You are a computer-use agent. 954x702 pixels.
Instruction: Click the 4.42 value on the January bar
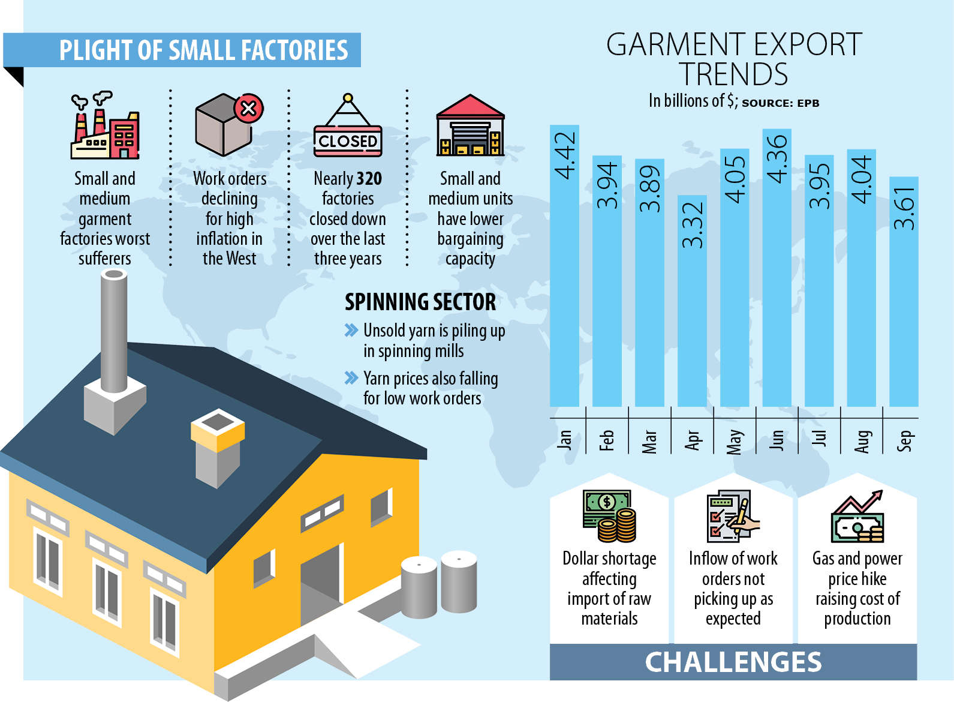[565, 155]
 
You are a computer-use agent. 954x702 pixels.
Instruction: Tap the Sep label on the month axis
[904, 440]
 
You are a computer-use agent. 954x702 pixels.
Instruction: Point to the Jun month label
[777, 440]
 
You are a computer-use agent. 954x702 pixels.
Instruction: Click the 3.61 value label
[904, 208]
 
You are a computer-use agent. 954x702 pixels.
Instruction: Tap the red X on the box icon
[248, 109]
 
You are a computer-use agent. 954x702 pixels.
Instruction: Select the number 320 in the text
[369, 179]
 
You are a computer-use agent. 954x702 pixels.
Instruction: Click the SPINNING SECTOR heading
[420, 302]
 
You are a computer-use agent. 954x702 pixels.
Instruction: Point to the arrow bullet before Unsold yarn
[351, 330]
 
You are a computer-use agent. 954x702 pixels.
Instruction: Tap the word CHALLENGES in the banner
[733, 662]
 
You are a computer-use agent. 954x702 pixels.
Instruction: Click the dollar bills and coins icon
[609, 516]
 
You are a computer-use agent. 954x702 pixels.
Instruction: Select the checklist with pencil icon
[733, 516]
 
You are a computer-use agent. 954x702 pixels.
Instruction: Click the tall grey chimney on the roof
[114, 333]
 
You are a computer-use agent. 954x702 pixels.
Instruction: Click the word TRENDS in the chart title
[733, 74]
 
